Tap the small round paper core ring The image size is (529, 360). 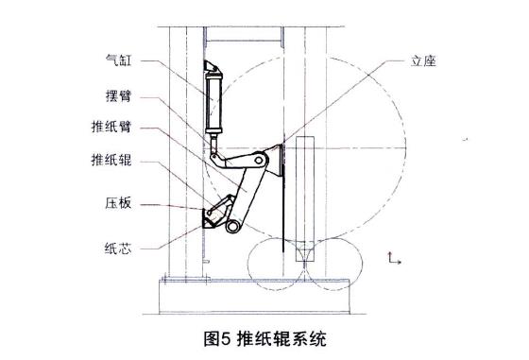233,226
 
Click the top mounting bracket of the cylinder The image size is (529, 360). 212,68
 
